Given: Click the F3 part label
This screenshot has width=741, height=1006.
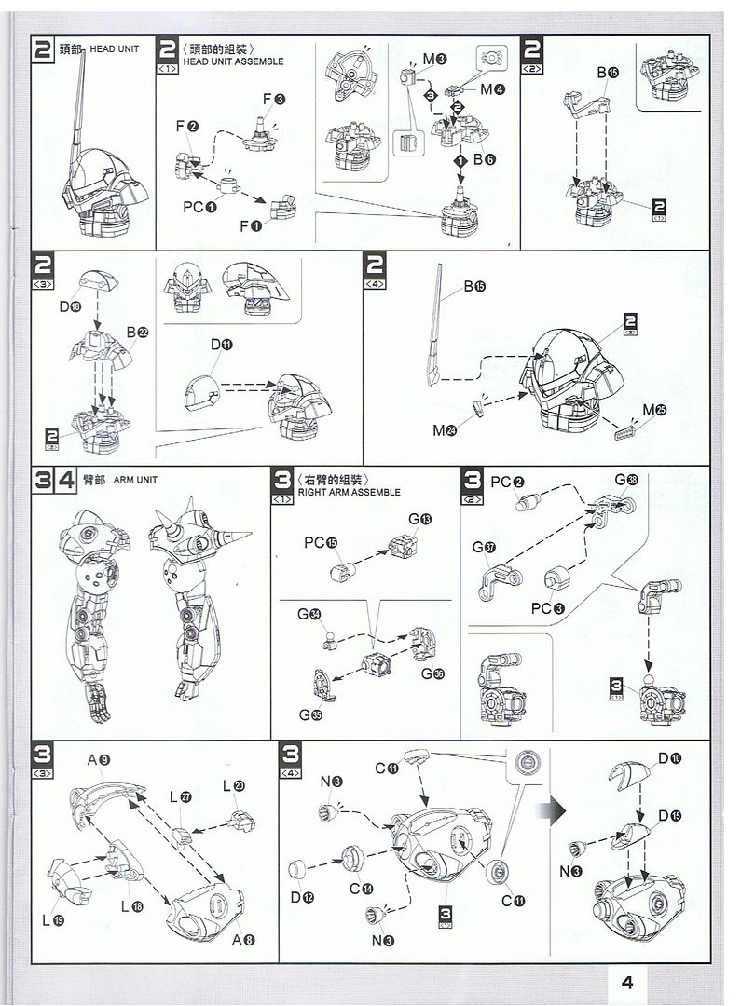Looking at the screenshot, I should tap(273, 100).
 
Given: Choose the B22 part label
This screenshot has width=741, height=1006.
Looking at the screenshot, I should tap(136, 333).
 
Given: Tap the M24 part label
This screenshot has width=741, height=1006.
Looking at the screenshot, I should tap(444, 429).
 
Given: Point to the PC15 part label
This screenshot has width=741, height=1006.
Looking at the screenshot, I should tap(319, 543).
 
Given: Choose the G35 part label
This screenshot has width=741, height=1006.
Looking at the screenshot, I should tap(310, 714).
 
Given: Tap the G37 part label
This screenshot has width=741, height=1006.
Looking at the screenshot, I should tap(484, 547).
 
